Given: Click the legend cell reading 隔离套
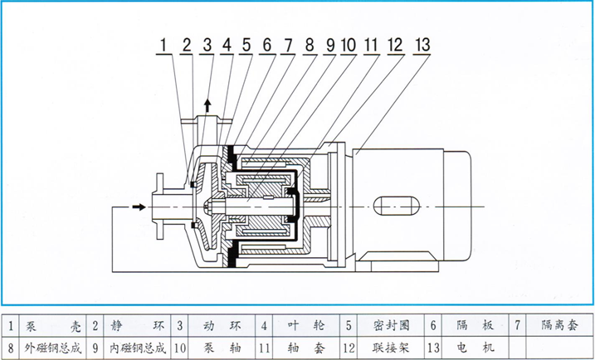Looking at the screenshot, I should [556, 326].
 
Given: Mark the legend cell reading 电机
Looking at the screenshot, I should [472, 348].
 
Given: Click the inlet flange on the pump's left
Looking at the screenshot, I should [158, 207].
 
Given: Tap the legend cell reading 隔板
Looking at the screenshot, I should [472, 326].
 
